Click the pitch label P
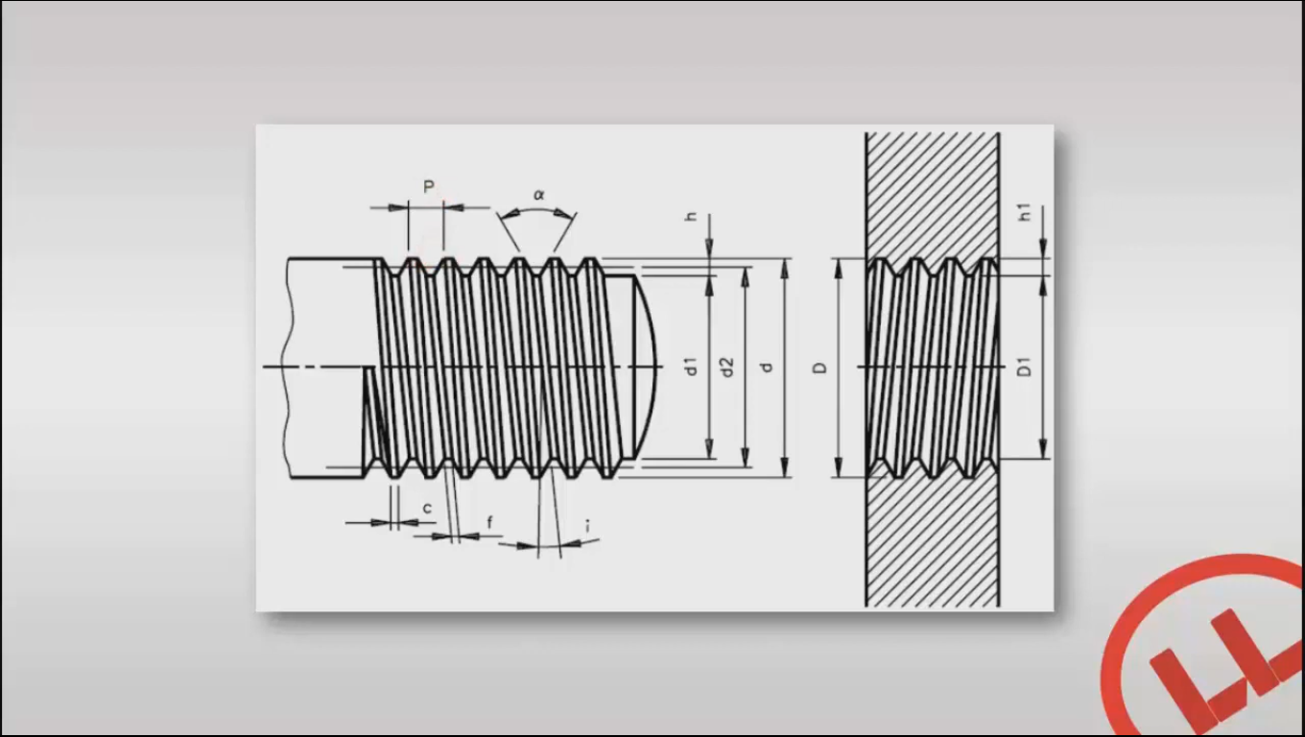429,186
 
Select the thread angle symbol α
538,195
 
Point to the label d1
691,366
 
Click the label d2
727,367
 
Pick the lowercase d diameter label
766,367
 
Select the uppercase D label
820,368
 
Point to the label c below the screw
427,507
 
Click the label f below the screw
489,522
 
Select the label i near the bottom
586,526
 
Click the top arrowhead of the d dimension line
785,268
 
